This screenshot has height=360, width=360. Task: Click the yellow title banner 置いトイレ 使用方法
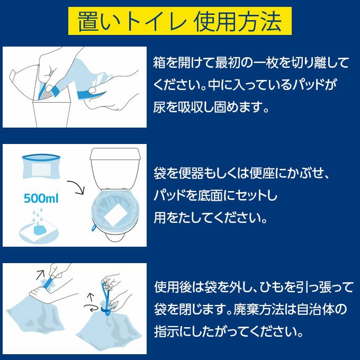click(x=180, y=21)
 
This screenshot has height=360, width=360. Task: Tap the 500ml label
click(x=41, y=199)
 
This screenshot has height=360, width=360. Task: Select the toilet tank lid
click(x=115, y=154)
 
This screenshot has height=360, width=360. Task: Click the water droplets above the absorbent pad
click(x=38, y=217)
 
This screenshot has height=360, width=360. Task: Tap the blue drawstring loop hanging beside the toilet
click(x=94, y=227)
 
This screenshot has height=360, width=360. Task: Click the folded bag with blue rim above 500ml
click(x=41, y=166)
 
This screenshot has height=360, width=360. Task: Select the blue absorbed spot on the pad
click(x=40, y=230)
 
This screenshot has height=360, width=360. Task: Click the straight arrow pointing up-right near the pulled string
click(x=40, y=275)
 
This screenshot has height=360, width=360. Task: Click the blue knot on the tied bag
click(x=106, y=311)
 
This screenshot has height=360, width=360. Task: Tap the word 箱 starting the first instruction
click(x=159, y=62)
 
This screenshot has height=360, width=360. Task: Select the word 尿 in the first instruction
click(x=159, y=107)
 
